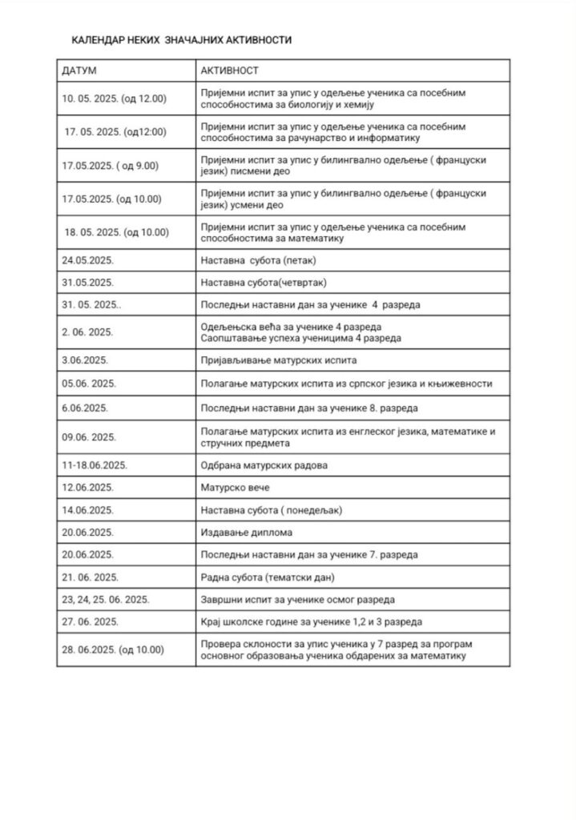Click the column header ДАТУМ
pos(79,70)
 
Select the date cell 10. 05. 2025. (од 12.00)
pos(114,98)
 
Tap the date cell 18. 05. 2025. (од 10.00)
pos(117,232)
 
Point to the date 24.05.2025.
pos(88,261)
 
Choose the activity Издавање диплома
pos(244,532)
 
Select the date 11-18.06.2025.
pos(95,465)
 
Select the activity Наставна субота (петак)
pos(256,261)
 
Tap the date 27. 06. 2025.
pos(91,621)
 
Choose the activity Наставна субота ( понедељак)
pos(270,509)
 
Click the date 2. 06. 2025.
pos(87,332)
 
